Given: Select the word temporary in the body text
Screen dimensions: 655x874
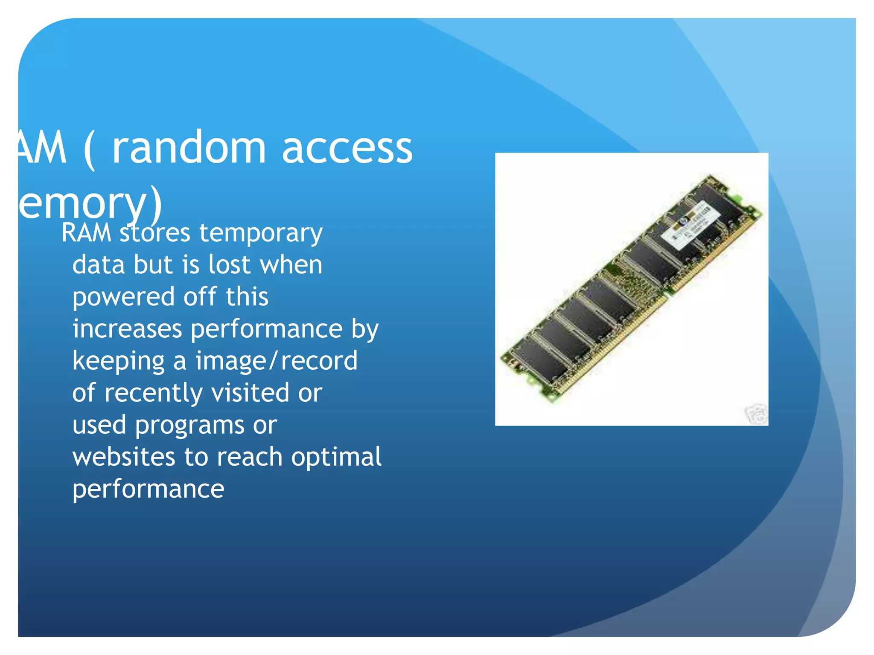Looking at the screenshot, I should pyautogui.click(x=261, y=234).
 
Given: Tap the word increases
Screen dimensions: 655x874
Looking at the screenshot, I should pyautogui.click(x=127, y=329).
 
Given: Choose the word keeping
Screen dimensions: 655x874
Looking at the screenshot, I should pyautogui.click(x=118, y=362).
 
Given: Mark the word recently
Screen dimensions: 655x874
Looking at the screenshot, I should pyautogui.click(x=153, y=393).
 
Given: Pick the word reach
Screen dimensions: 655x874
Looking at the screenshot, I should pyautogui.click(x=250, y=457).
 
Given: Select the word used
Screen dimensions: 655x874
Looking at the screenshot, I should pyautogui.click(x=99, y=425).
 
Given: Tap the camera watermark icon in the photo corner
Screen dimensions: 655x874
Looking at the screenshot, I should pyautogui.click(x=756, y=414).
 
